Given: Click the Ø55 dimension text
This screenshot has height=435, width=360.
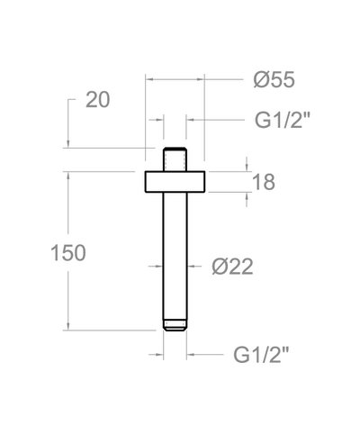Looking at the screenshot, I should (274, 80).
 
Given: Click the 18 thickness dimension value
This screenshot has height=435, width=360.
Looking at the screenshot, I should (264, 181).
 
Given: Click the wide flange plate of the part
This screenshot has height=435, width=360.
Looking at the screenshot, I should (175, 180).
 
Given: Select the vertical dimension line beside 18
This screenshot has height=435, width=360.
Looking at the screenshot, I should (247, 181).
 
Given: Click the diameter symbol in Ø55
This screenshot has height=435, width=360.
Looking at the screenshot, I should (258, 80).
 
